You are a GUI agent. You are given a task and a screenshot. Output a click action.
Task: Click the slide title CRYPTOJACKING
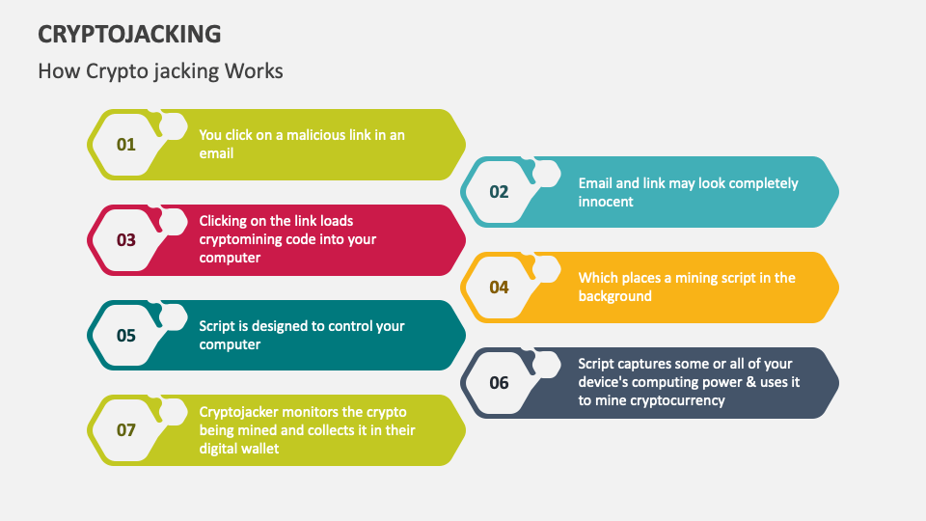pyautogui.click(x=129, y=35)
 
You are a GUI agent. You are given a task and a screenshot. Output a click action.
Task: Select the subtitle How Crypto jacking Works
pyautogui.click(x=160, y=71)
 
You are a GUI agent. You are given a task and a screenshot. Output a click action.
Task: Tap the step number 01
pyautogui.click(x=126, y=145)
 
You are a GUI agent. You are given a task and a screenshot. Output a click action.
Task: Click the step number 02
pyautogui.click(x=499, y=192)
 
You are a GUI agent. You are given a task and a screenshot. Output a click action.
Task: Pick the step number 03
pyautogui.click(x=126, y=239)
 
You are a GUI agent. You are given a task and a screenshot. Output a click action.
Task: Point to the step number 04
pyautogui.click(x=499, y=288)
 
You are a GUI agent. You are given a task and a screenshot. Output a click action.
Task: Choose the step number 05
pyautogui.click(x=126, y=336)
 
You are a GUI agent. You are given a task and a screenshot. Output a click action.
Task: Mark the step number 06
pyautogui.click(x=499, y=383)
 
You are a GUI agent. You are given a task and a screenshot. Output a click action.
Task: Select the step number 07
pyautogui.click(x=126, y=430)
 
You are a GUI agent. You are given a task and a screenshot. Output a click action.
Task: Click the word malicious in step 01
pyautogui.click(x=316, y=135)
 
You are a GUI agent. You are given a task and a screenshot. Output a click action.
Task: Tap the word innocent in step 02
pyautogui.click(x=606, y=202)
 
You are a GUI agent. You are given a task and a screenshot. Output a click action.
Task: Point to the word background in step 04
pyautogui.click(x=615, y=296)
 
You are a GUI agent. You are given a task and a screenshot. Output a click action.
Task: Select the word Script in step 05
pyautogui.click(x=218, y=326)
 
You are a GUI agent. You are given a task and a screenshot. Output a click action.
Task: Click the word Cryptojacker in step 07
pyautogui.click(x=242, y=411)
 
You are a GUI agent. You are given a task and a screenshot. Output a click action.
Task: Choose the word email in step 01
pyautogui.click(x=216, y=153)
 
